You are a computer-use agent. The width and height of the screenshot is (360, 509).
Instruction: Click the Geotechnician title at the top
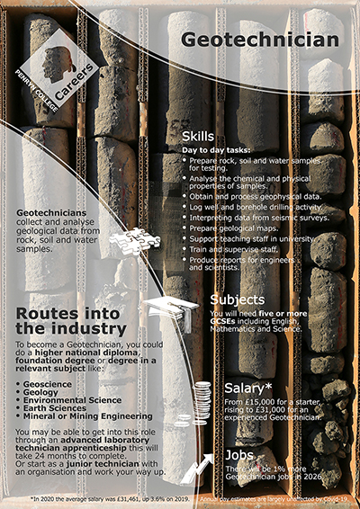point(260,40)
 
